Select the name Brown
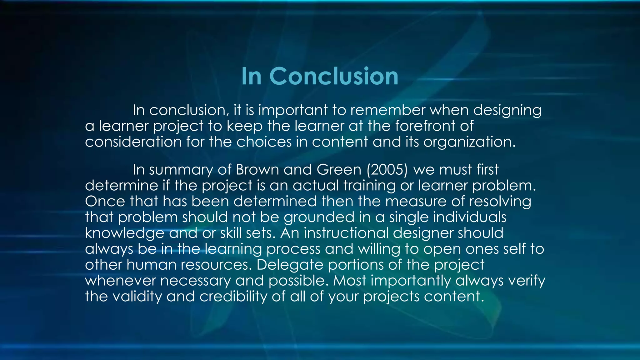coord(257,170)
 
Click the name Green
coord(339,170)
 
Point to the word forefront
coord(425,126)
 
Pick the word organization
coord(469,142)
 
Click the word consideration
coord(133,142)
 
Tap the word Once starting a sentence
coord(105,201)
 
